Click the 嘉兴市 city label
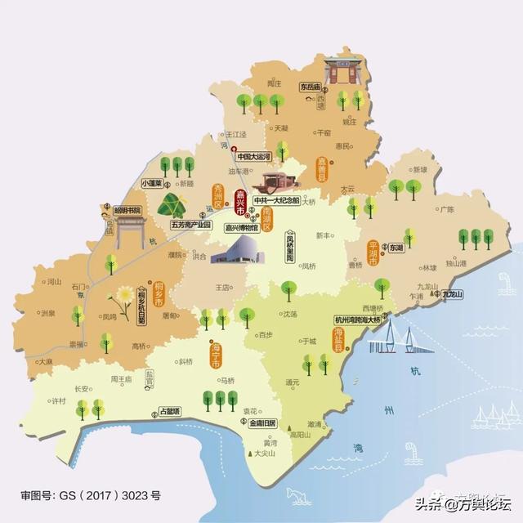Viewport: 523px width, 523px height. pyautogui.click(x=240, y=201)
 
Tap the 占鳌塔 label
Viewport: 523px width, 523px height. pyautogui.click(x=166, y=412)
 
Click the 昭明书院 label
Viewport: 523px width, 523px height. pyautogui.click(x=127, y=210)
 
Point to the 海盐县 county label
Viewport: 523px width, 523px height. pyautogui.click(x=337, y=338)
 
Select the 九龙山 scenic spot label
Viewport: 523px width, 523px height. pyautogui.click(x=453, y=294)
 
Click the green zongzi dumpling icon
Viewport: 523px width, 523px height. pyautogui.click(x=172, y=203)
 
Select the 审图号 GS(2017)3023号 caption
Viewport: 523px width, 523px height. pyautogui.click(x=91, y=495)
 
